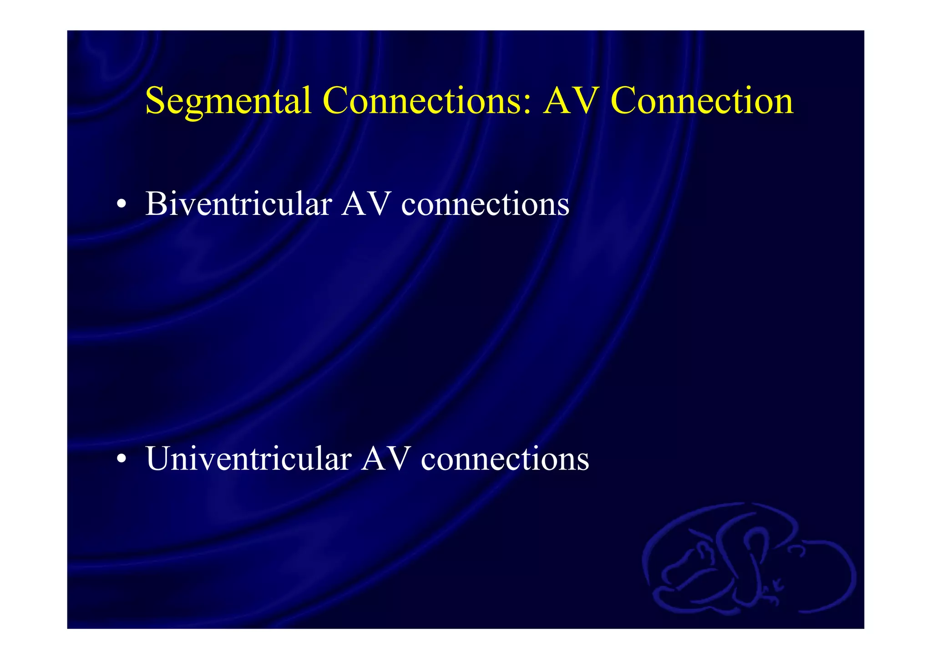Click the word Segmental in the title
[228, 101]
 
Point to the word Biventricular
[238, 204]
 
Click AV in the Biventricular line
[366, 204]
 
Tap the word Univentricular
[248, 458]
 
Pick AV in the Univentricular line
[386, 458]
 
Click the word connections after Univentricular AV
[505, 459]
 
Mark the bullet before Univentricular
[121, 459]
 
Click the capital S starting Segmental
[155, 101]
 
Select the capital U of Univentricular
[158, 458]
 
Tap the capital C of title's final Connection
[625, 101]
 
